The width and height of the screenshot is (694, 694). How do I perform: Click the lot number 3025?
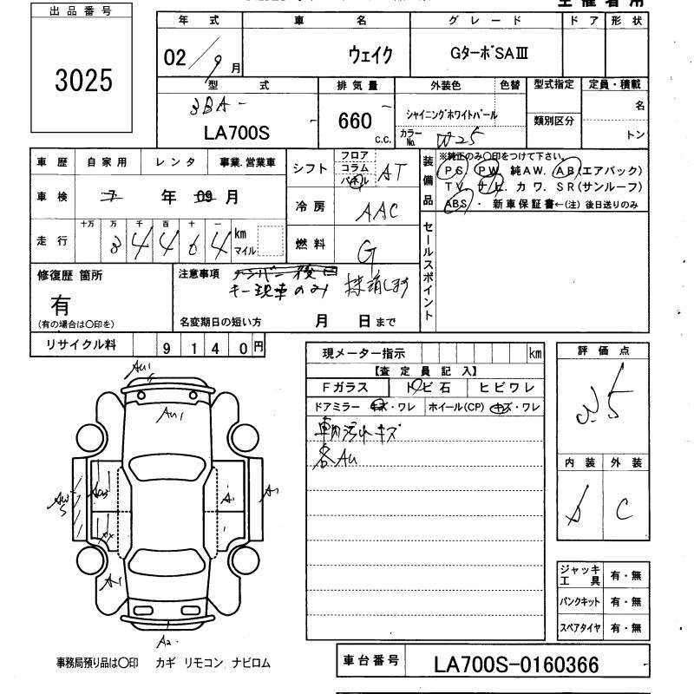tap(82, 80)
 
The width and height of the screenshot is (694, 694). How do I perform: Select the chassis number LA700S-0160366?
tap(515, 665)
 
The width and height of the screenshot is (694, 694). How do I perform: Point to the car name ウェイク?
tap(370, 55)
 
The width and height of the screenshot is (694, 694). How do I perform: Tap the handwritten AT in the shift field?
tap(392, 173)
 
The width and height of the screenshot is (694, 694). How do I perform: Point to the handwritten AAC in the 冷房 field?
tap(378, 211)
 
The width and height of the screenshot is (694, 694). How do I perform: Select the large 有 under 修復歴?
tap(61, 305)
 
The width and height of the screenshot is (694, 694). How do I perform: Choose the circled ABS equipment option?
tap(455, 205)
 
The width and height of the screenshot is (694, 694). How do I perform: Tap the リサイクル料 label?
tap(73, 345)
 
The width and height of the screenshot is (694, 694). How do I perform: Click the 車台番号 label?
tap(370, 661)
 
